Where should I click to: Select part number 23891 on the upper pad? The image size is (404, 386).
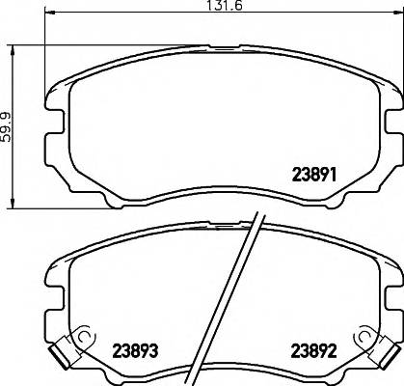(312, 177)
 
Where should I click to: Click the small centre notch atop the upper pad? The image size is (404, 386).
(223, 46)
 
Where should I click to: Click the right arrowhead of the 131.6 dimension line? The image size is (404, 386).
(396, 21)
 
